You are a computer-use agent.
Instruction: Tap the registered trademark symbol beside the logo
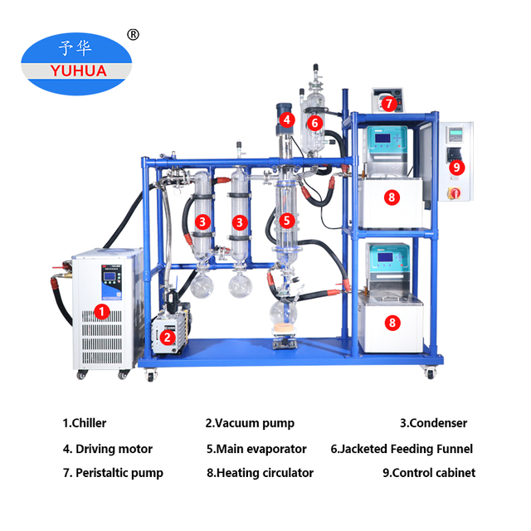[x=132, y=34]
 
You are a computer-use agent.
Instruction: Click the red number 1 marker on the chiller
[x=101, y=312]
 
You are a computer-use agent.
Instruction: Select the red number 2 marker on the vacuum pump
[x=168, y=336]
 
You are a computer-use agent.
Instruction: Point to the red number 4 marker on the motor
[x=286, y=119]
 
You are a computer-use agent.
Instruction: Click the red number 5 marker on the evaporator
[x=286, y=221]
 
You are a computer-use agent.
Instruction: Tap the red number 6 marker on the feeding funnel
[x=314, y=123]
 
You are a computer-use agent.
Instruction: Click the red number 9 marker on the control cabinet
[x=455, y=167]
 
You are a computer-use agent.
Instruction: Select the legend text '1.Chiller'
[x=85, y=423]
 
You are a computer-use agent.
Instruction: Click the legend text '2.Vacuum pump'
[x=250, y=423]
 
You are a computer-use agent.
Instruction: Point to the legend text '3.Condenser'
[x=433, y=423]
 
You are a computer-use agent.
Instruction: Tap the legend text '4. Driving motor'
[x=108, y=449]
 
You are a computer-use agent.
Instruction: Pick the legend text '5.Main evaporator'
[x=256, y=449]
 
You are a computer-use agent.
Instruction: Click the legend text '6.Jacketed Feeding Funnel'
[x=402, y=449]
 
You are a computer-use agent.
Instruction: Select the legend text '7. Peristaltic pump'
[x=113, y=473]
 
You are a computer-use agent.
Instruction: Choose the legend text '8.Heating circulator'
[x=260, y=473]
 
